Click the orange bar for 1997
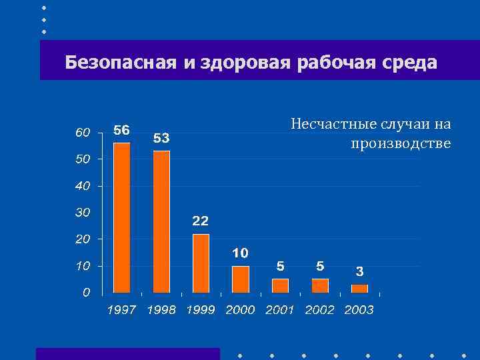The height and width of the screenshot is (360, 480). click(x=122, y=218)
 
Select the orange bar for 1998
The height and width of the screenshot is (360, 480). click(x=161, y=222)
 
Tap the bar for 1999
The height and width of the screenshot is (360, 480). click(x=201, y=263)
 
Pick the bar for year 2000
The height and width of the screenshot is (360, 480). click(x=241, y=279)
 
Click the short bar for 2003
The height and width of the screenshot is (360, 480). click(x=359, y=288)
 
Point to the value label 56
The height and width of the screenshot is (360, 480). click(x=122, y=130)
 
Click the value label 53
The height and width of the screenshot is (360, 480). click(x=161, y=138)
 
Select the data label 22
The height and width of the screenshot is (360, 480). click(x=201, y=221)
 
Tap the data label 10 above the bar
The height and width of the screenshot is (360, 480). click(x=241, y=253)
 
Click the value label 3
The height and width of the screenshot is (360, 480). click(x=359, y=271)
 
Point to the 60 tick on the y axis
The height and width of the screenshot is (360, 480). click(x=82, y=133)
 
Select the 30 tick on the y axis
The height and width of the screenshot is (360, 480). click(x=82, y=212)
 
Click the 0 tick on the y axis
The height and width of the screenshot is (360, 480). click(x=86, y=292)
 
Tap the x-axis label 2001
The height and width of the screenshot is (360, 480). click(x=280, y=310)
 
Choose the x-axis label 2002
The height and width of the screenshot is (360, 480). click(x=320, y=310)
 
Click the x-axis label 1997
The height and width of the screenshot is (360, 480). click(x=122, y=310)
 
